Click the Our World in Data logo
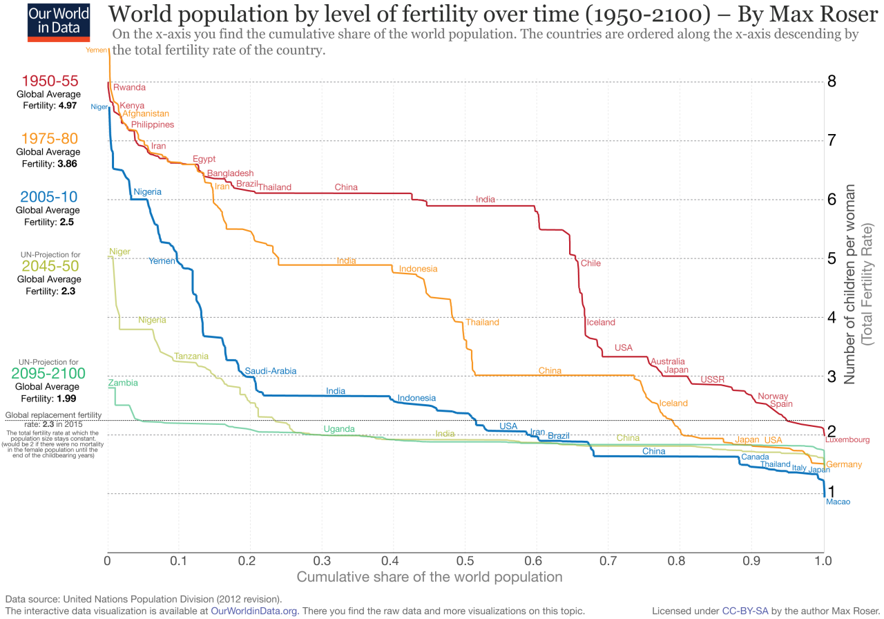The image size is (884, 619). click(58, 21)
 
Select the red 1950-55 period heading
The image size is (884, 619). click(50, 81)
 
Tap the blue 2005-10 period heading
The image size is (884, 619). click(50, 196)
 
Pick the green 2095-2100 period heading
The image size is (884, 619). click(48, 374)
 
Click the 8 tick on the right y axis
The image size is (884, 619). click(832, 82)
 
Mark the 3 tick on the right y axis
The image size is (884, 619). click(832, 377)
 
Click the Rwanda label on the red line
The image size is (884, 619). click(129, 88)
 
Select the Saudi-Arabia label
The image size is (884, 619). click(270, 371)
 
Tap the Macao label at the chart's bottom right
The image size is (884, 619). click(838, 502)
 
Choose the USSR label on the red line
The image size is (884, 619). click(713, 379)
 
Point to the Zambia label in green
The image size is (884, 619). click(123, 383)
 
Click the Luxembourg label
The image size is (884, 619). click(847, 439)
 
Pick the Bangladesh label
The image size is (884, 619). click(230, 173)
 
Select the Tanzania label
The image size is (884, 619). click(191, 356)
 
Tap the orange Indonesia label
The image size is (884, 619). click(418, 269)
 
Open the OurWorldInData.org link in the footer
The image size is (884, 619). click(254, 611)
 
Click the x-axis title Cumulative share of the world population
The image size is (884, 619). click(429, 576)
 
